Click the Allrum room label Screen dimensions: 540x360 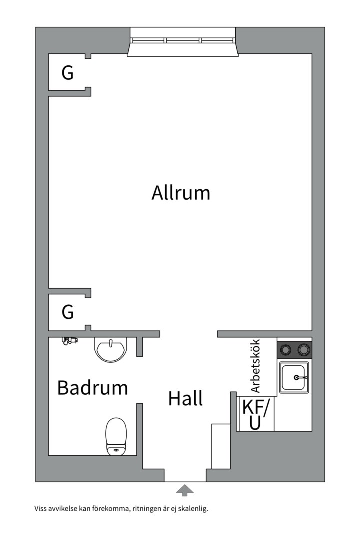point(181,192)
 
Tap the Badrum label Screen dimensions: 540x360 point(92,388)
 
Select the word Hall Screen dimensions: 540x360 point(185,399)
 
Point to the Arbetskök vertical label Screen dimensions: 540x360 point(255,366)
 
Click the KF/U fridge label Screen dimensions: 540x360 point(255,414)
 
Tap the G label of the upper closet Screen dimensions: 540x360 point(67,73)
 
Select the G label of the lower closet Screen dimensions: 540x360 point(67,312)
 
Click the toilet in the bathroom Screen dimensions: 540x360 point(116,436)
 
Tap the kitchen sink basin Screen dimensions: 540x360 point(294,377)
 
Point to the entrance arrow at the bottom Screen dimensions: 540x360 point(185,490)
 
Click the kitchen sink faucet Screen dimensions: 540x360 point(300,378)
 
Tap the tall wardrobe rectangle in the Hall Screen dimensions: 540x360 point(220,446)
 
